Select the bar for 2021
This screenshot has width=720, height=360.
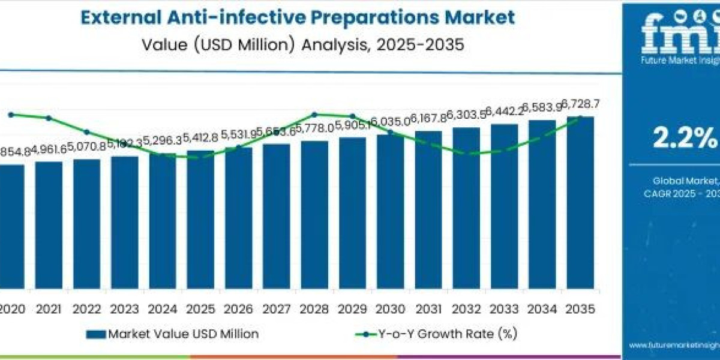(49, 225)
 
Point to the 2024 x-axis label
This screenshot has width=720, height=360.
(163, 309)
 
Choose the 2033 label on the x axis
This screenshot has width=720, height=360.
(504, 309)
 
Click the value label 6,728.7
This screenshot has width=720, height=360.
(580, 104)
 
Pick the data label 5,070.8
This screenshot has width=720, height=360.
(86, 146)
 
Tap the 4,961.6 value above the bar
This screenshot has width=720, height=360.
(49, 149)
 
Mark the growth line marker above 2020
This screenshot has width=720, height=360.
(11, 114)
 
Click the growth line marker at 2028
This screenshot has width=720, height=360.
(314, 114)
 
